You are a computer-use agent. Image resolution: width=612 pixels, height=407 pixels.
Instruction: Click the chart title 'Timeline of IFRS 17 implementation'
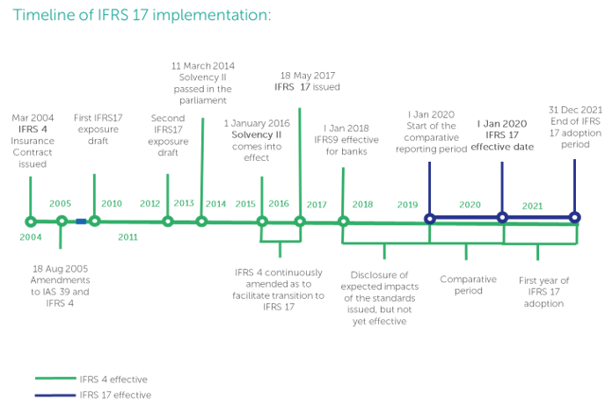click(x=142, y=16)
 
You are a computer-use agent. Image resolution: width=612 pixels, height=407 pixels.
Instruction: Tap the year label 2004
click(x=31, y=236)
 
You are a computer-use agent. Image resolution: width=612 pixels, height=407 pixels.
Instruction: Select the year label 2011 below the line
click(x=127, y=236)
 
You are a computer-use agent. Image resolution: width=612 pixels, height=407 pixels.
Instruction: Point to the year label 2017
click(x=317, y=205)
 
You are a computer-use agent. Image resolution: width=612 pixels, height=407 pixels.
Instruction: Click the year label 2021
click(x=532, y=206)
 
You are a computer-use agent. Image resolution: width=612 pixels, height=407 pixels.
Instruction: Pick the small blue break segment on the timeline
click(x=81, y=222)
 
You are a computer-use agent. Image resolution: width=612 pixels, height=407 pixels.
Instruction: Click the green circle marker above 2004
click(x=31, y=222)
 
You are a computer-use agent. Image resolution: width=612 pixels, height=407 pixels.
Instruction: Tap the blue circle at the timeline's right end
click(x=574, y=217)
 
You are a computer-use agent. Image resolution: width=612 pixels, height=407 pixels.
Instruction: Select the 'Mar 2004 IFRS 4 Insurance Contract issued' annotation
click(x=33, y=141)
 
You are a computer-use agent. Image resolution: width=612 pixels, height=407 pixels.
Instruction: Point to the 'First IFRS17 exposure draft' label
click(x=98, y=129)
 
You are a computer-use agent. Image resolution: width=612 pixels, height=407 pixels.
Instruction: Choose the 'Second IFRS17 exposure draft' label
click(x=168, y=135)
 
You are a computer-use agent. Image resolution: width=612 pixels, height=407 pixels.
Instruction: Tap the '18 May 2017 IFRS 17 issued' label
click(x=307, y=81)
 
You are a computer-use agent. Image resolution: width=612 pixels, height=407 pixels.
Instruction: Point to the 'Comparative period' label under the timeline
click(x=468, y=285)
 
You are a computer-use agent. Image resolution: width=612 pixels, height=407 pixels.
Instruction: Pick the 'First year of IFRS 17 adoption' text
click(x=543, y=292)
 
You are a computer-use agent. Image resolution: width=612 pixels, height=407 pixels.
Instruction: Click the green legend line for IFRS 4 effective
click(x=55, y=378)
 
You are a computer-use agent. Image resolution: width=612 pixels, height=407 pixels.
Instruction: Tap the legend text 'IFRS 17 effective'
click(x=115, y=396)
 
